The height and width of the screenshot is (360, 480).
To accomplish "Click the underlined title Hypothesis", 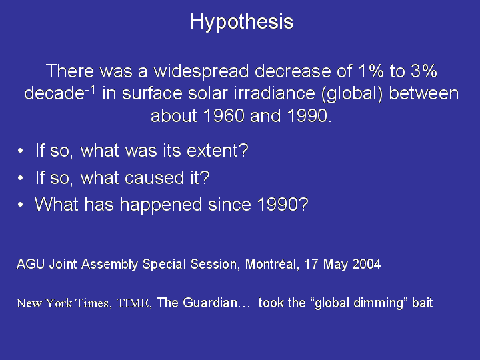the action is coord(241,22).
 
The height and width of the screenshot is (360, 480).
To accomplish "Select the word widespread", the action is coord(201,71).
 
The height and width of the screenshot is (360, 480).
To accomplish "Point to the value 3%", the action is coord(424,71).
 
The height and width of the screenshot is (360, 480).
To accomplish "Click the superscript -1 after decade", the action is coord(90,90).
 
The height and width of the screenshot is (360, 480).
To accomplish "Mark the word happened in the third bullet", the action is coord(161,205).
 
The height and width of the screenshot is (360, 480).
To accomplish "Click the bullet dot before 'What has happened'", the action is coord(20,205).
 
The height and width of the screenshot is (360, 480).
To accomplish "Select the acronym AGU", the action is coord(31,264).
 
